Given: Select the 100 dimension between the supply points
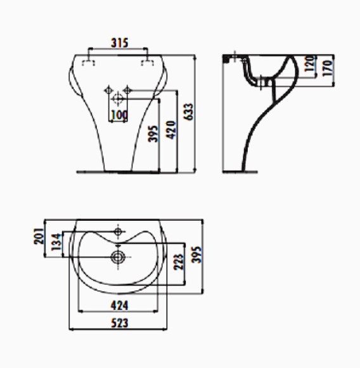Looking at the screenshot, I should tap(118, 115).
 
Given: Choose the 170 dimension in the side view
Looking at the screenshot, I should tap(328, 65).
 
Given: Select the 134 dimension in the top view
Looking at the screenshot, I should tap(56, 242).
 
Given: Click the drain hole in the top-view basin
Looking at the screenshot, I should tap(118, 257).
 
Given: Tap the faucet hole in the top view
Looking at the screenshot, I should tap(119, 231).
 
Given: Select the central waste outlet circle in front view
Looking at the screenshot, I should tap(118, 99).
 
